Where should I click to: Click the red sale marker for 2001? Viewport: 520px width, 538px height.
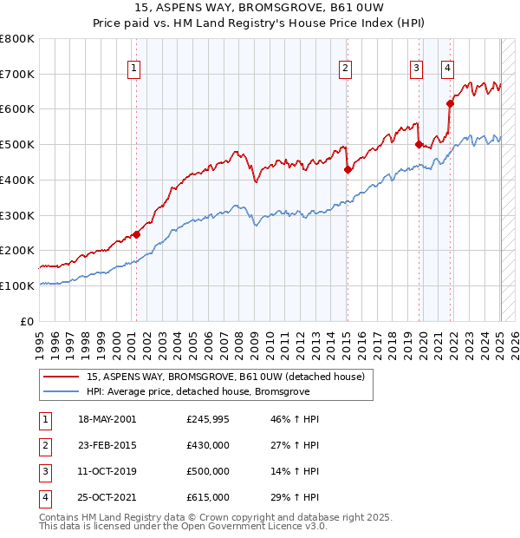click(x=136, y=234)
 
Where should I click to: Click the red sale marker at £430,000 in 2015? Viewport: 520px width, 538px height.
click(x=348, y=169)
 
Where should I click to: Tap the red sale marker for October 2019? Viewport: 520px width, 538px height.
click(x=419, y=145)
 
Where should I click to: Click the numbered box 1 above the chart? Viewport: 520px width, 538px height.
click(x=134, y=68)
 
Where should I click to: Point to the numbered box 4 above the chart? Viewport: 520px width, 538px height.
click(x=447, y=68)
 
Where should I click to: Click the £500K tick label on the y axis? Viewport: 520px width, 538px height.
click(x=17, y=144)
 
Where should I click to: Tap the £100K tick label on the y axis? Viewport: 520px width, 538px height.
click(x=17, y=285)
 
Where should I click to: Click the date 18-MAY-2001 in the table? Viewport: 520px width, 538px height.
click(x=107, y=419)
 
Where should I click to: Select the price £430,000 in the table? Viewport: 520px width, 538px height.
click(x=208, y=445)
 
